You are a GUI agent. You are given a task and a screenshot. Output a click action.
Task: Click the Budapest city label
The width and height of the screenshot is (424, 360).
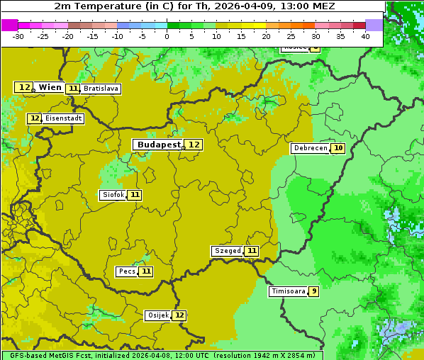click(x=159, y=145)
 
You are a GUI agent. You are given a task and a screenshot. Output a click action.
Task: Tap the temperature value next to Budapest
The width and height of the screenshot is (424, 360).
click(x=194, y=145)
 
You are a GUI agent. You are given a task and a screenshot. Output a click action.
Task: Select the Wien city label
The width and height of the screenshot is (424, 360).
click(x=50, y=87)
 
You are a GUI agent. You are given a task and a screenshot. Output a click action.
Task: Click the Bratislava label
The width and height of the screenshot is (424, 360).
click(x=100, y=89)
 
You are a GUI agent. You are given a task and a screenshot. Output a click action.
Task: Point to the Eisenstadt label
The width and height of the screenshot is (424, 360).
click(x=63, y=118)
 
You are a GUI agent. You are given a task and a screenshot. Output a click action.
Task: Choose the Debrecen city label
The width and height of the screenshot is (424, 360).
click(x=310, y=148)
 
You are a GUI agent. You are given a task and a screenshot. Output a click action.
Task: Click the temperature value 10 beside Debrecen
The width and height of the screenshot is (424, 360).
click(x=338, y=148)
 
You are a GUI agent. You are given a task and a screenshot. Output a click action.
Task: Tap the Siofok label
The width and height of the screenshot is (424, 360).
click(x=113, y=195)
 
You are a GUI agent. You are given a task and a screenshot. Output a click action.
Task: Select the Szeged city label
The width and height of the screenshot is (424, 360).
click(x=228, y=251)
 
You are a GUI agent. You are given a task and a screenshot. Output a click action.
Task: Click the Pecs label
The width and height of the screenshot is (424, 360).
click(x=127, y=271)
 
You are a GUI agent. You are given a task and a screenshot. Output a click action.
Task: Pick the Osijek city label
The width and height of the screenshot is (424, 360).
click(x=157, y=315)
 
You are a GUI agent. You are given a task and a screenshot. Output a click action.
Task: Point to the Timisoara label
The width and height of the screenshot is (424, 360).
click(x=288, y=291)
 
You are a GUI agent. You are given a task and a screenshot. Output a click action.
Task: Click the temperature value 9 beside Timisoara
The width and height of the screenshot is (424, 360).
click(x=313, y=291)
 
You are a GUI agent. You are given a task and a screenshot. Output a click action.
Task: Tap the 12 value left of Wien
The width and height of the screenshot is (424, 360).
click(x=24, y=87)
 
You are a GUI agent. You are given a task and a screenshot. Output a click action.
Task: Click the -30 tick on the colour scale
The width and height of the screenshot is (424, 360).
click(x=18, y=36)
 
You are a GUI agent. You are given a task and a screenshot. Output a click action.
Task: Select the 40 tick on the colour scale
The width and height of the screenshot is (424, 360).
click(x=365, y=36)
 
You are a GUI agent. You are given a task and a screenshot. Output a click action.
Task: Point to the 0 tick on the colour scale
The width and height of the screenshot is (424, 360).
click(x=167, y=36)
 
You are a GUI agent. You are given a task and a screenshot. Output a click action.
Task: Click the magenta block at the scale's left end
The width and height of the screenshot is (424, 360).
click(x=10, y=25)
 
